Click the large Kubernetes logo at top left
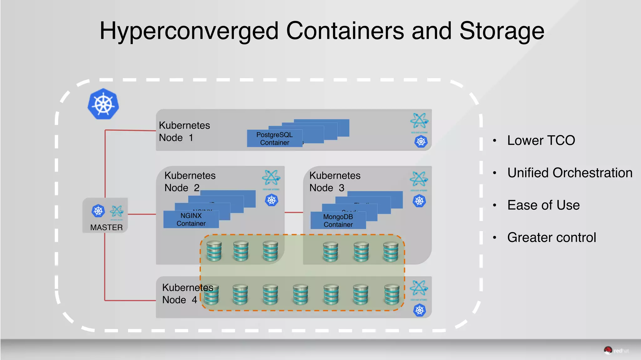pos(103,104)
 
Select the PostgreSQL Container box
pos(274,138)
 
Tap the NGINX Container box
pos(191,219)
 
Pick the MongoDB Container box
pos(338,220)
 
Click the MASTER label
pos(106,227)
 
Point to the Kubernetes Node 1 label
pos(184,131)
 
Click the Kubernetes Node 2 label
pos(190,181)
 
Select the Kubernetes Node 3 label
pos(335,181)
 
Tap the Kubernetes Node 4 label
pos(187,293)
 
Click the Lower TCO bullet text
pos(541,140)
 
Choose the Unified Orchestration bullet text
pos(570,173)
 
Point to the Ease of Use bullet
pos(543,205)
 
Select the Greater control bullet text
pos(551,237)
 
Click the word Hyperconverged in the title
pos(189,31)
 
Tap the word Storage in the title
pos(502,31)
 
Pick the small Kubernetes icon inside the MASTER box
pos(98,211)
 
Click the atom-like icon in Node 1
pos(419,121)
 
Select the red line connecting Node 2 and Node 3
pos(294,213)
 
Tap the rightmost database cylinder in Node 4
pos(392,294)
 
